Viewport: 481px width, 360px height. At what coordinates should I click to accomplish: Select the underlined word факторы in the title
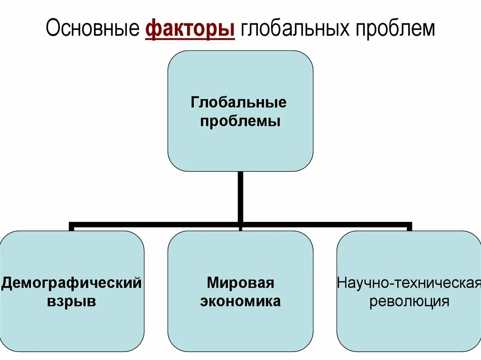coord(190,29)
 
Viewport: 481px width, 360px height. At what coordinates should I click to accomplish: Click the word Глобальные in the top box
coord(239,102)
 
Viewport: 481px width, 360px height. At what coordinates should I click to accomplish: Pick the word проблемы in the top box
coord(240,122)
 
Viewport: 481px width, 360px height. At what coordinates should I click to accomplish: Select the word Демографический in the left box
coord(71,283)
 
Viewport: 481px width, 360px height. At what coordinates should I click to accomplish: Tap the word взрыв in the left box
coord(71,301)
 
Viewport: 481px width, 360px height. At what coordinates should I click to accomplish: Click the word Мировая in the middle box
coord(240,283)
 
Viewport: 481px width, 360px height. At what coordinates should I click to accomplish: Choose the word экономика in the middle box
coord(240,301)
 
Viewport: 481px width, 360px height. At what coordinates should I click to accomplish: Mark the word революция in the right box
coord(409,301)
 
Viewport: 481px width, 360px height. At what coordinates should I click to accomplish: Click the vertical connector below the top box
coord(240,197)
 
